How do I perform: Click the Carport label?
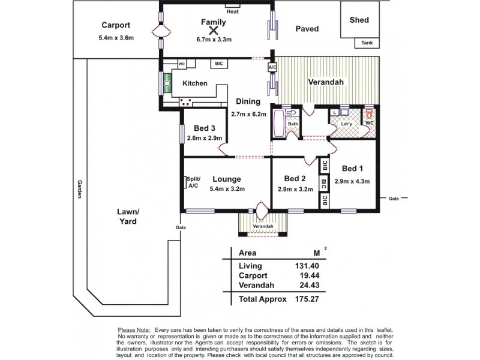point(116,25)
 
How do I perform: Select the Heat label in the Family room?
point(231,11)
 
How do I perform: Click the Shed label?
point(359,20)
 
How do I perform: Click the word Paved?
point(307,28)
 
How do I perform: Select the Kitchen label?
point(195,83)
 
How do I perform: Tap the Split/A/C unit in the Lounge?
point(193,182)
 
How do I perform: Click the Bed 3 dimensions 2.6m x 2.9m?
point(205,138)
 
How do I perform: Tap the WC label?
point(369,124)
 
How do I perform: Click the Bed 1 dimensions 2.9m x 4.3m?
point(352,181)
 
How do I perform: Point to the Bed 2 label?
point(295,179)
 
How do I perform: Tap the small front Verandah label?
point(263,226)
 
